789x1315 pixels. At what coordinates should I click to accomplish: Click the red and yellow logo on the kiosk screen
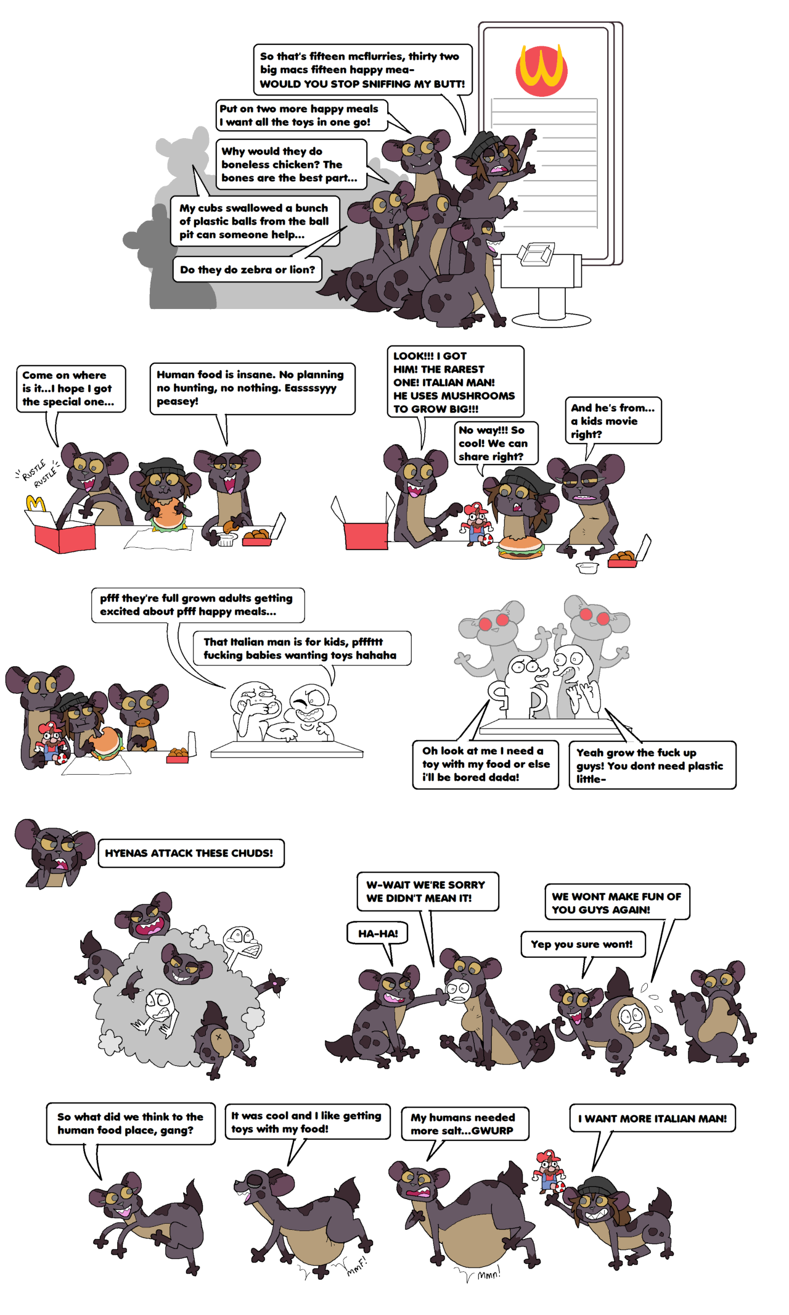[x=541, y=70]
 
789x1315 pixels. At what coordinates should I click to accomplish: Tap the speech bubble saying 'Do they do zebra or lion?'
[x=247, y=270]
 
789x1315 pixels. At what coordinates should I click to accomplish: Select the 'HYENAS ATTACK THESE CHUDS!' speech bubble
[x=191, y=853]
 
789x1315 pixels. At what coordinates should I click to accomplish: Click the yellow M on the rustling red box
[x=36, y=503]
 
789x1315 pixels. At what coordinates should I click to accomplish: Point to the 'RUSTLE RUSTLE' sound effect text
[x=37, y=472]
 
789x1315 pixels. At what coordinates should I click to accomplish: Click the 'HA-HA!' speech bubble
[x=378, y=933]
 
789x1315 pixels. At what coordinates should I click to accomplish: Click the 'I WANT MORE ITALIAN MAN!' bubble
[x=653, y=1118]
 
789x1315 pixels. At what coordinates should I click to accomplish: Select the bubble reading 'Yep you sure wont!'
[x=583, y=944]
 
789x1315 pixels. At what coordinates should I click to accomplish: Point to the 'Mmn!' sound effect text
[x=488, y=1274]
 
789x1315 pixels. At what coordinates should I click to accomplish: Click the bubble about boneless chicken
[x=291, y=164]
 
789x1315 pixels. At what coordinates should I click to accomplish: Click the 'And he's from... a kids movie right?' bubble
[x=613, y=421]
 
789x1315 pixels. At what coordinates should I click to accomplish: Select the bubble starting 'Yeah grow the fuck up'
[x=652, y=765]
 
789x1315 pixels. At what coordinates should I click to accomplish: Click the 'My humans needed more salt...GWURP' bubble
[x=465, y=1124]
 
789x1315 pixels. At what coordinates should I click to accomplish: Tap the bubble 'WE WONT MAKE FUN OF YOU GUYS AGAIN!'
[x=617, y=902]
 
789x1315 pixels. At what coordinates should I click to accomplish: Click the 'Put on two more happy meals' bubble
[x=301, y=115]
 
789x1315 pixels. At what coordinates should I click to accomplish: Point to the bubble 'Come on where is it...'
[x=70, y=389]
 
